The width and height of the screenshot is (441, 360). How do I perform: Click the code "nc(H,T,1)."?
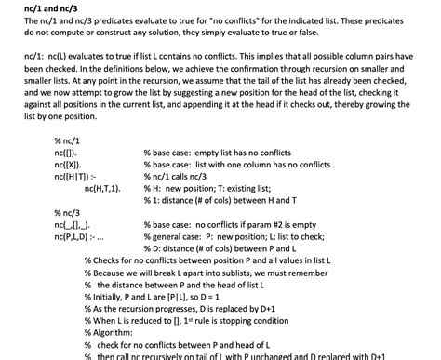pos(103,187)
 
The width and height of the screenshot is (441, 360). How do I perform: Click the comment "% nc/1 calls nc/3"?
pos(181,175)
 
